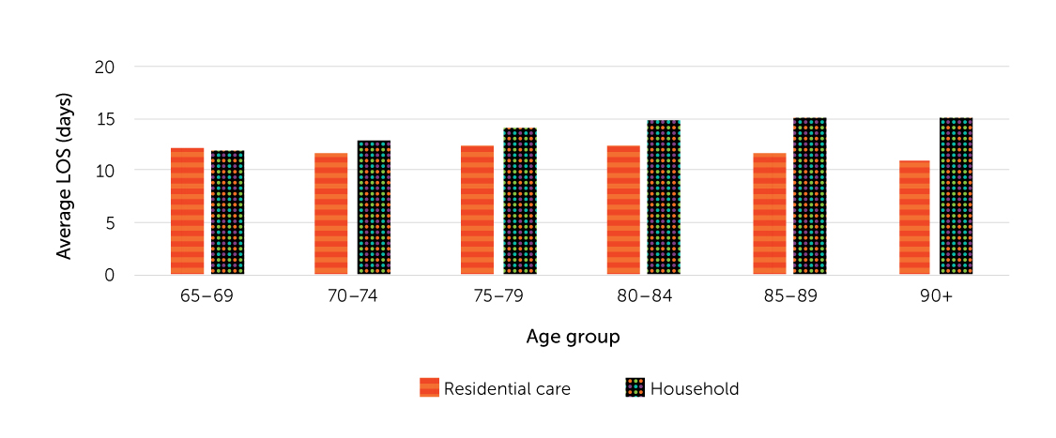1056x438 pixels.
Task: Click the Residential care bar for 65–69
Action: pyautogui.click(x=187, y=211)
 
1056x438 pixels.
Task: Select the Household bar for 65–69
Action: pyautogui.click(x=227, y=212)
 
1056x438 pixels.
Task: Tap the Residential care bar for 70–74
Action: pyautogui.click(x=330, y=214)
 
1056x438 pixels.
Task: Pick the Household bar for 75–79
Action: pyautogui.click(x=519, y=202)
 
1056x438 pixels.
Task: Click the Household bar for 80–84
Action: pyautogui.click(x=663, y=197)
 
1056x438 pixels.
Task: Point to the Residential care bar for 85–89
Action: pyautogui.click(x=770, y=214)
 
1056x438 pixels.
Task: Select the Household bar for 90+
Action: pyautogui.click(x=956, y=196)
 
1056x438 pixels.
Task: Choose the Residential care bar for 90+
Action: pyautogui.click(x=914, y=218)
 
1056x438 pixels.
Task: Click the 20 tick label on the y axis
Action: pyautogui.click(x=104, y=68)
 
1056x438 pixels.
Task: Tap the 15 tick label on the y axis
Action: pyautogui.click(x=104, y=119)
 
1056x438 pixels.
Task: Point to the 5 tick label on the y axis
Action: pyautogui.click(x=109, y=223)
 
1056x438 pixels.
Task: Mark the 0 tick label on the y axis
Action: pyautogui.click(x=109, y=275)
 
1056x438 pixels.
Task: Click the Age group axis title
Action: pyautogui.click(x=573, y=337)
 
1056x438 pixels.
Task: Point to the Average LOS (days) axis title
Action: pyautogui.click(x=64, y=175)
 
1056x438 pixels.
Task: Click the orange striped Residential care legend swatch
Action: pyautogui.click(x=429, y=388)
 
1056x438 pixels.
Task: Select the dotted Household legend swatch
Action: pyautogui.click(x=635, y=388)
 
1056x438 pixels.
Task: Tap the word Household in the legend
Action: pyautogui.click(x=695, y=388)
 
